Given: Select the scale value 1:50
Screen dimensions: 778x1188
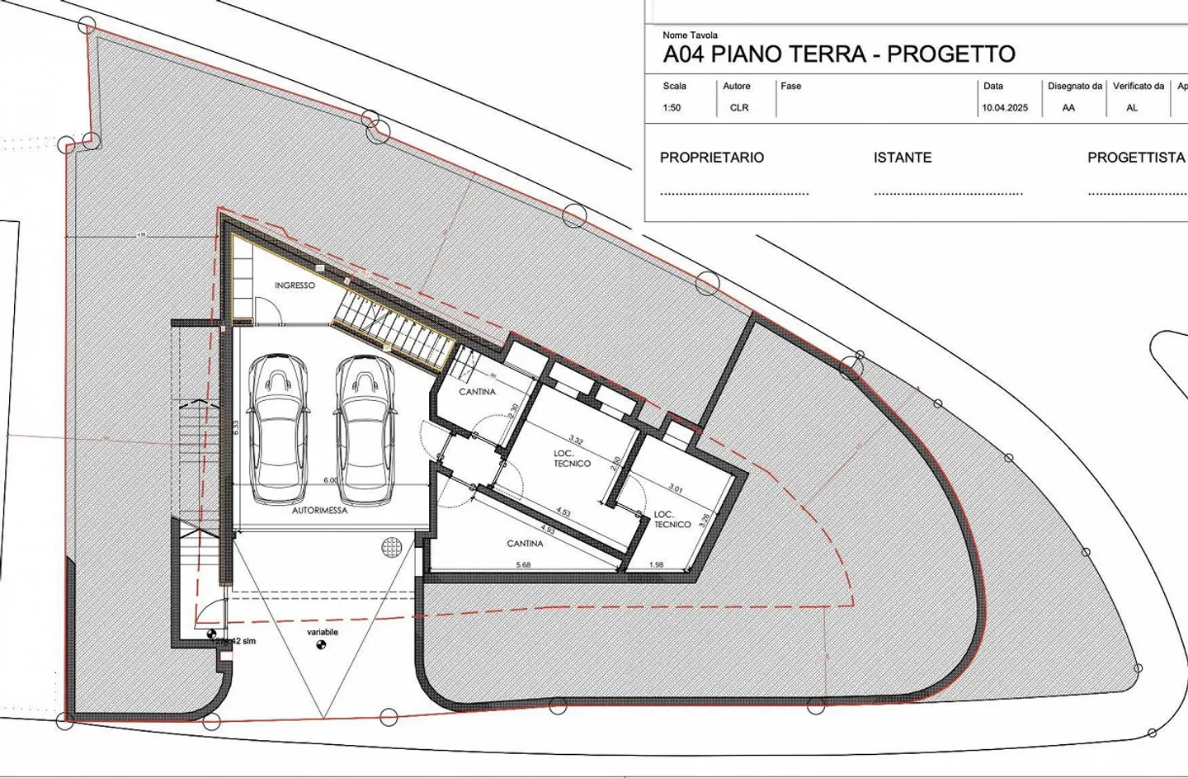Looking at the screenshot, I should pos(672,108).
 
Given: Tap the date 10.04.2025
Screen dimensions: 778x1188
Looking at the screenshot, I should pos(1005,108).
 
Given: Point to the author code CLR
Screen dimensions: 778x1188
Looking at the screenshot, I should pos(739,108).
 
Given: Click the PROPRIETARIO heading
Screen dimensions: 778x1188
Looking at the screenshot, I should pos(712,158).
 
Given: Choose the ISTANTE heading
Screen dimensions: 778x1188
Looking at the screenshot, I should pos(903,158).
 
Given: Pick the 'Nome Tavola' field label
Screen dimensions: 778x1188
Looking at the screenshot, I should pos(690,35).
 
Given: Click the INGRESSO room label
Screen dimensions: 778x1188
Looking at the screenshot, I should pos(295,285).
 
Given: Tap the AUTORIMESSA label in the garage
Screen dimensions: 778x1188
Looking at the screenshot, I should pos(319,511).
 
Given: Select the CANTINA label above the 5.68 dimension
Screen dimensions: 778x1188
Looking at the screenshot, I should pos(525,544).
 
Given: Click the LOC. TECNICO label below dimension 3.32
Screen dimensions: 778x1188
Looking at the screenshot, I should pos(572,459).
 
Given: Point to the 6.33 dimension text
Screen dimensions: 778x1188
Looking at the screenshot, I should pos(237,427).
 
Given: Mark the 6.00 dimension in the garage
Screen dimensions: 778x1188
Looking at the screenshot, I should pos(330,480).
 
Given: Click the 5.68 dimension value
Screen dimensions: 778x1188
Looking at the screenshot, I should pos(523,565).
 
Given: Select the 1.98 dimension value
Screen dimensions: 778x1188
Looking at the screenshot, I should pos(657,565).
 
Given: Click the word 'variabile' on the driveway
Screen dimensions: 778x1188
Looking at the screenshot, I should pos(323,632).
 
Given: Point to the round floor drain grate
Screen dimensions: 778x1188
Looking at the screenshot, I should pos(390,545).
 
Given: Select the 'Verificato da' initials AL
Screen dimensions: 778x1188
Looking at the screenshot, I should pos(1132,108).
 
